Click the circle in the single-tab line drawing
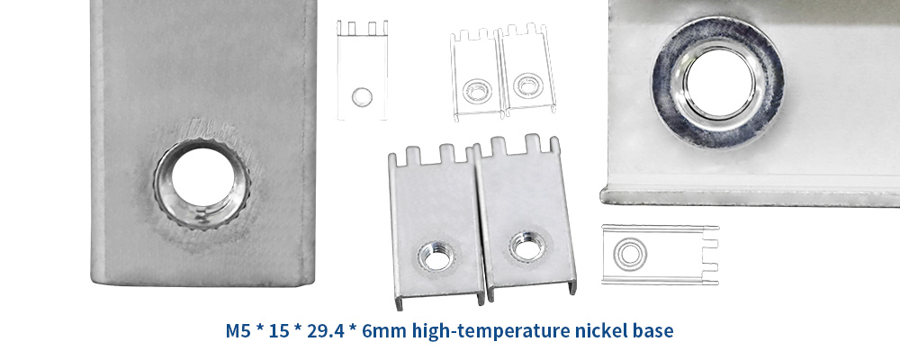362,94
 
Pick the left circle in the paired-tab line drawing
474,89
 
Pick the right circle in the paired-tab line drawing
524,85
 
